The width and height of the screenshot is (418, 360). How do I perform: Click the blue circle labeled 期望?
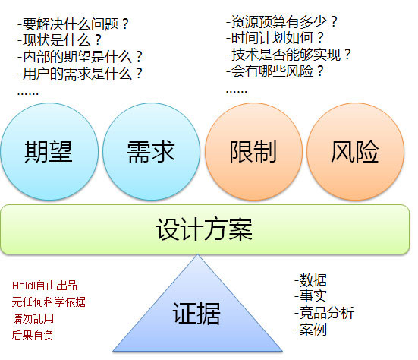(49, 152)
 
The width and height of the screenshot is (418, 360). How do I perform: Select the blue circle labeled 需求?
(151, 152)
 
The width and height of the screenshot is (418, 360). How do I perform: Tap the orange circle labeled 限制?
(253, 152)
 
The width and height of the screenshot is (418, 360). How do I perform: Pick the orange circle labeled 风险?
(355, 152)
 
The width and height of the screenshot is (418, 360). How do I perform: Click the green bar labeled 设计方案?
(205, 229)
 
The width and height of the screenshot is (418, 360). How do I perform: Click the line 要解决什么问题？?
(73, 24)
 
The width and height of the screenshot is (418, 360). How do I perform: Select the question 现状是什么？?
(59, 40)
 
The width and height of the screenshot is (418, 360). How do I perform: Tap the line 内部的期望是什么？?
(80, 57)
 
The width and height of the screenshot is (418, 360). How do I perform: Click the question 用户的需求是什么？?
(80, 74)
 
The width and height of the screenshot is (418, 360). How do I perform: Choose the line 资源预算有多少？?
(281, 21)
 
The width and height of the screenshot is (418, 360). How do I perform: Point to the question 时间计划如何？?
(275, 38)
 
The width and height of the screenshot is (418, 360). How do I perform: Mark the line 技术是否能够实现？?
(288, 55)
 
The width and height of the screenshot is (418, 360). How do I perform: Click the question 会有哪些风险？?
(275, 71)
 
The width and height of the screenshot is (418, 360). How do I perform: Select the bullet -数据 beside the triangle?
(310, 280)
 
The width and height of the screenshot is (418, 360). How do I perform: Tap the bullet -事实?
(310, 296)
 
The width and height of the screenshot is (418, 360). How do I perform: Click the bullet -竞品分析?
(324, 313)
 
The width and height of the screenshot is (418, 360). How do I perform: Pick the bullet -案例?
(310, 330)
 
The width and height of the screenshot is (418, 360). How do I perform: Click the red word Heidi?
(24, 286)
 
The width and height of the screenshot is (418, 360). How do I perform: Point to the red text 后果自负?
(33, 336)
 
